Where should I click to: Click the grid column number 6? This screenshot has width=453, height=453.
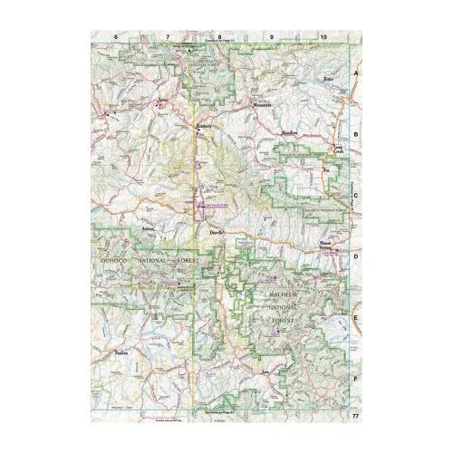point(117,36)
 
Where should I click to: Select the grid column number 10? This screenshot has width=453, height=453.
point(323,36)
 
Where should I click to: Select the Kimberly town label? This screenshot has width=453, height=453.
point(204,126)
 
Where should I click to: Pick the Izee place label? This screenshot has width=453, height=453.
point(265,372)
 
